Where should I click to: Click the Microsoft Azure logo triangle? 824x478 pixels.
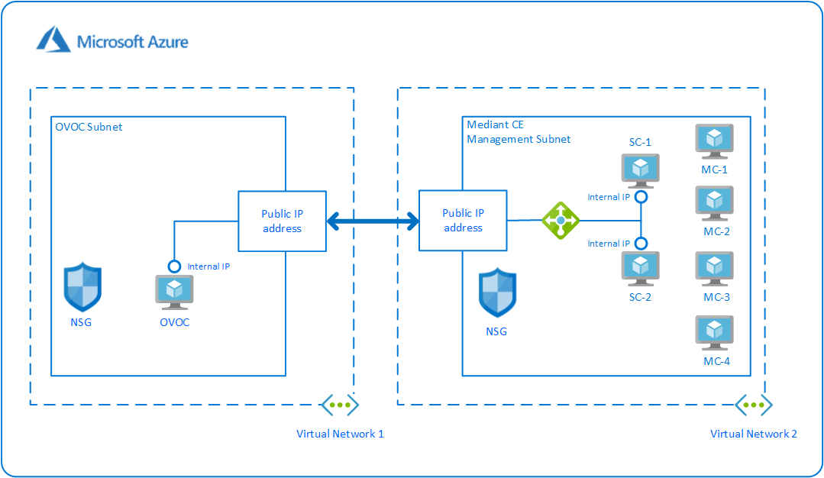53,40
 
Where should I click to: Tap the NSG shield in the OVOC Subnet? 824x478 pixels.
82,287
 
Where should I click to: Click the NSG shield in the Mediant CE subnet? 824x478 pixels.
496,292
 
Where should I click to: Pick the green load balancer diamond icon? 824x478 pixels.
561,220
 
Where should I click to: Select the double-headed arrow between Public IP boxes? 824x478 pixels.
373,221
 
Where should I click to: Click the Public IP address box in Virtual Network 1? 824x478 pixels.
282,221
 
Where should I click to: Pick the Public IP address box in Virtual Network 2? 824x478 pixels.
463,221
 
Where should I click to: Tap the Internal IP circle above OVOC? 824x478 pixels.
174,266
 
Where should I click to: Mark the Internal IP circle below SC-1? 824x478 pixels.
641,197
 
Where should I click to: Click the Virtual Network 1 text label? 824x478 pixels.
340,434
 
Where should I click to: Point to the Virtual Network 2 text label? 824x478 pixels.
754,434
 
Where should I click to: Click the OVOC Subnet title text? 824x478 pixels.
89,127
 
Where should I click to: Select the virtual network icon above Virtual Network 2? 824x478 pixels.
754,405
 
